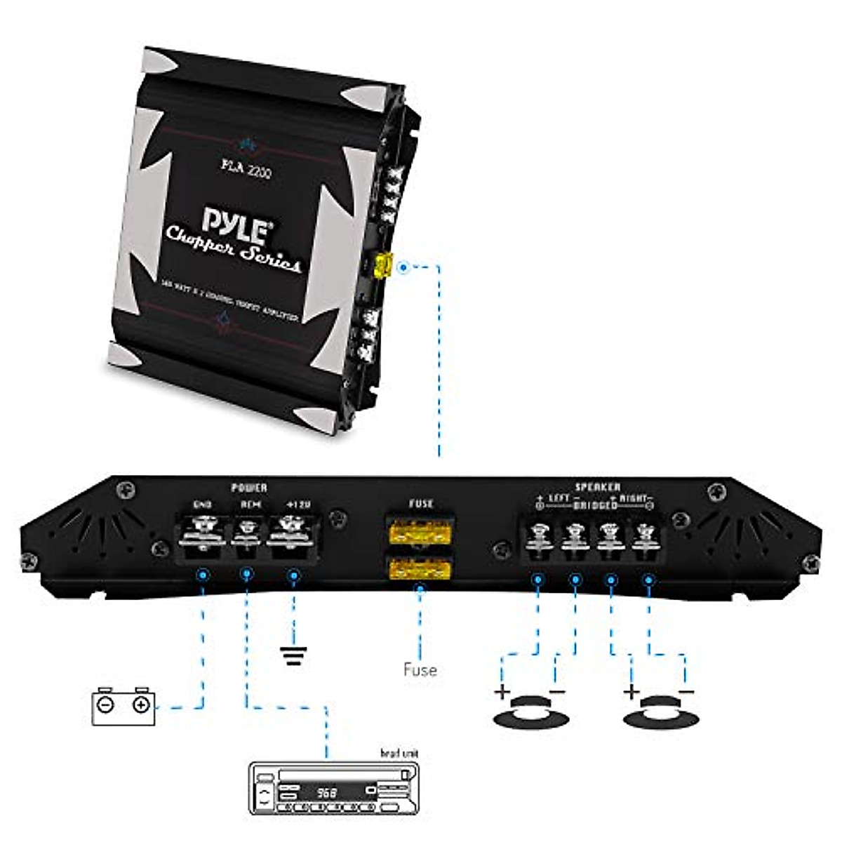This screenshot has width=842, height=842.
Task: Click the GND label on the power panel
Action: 202,504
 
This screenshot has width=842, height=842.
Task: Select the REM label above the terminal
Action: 250,504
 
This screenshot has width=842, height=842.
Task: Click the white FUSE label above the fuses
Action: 420,503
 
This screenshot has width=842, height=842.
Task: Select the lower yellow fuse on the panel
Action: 420,567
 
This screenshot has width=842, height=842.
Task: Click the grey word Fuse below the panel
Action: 420,669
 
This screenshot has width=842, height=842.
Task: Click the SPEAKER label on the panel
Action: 597,486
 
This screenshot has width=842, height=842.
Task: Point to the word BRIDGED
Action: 596,504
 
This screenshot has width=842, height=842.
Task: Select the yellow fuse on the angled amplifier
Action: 382,266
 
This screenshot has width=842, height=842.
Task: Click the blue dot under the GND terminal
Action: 203,575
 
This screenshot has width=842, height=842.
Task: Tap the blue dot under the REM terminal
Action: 246,575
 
